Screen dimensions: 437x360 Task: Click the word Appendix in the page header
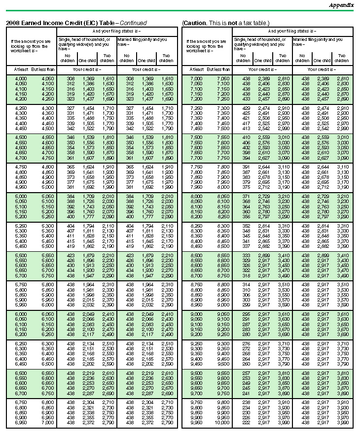[341, 5]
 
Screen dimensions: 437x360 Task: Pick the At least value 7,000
[196, 79]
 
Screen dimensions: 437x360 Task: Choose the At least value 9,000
[196, 313]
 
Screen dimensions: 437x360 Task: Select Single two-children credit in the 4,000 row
[108, 79]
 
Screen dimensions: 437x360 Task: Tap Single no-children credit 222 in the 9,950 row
[244, 423]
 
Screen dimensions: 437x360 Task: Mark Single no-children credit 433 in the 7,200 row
[244, 99]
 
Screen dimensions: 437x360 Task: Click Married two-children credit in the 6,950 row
[167, 423]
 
